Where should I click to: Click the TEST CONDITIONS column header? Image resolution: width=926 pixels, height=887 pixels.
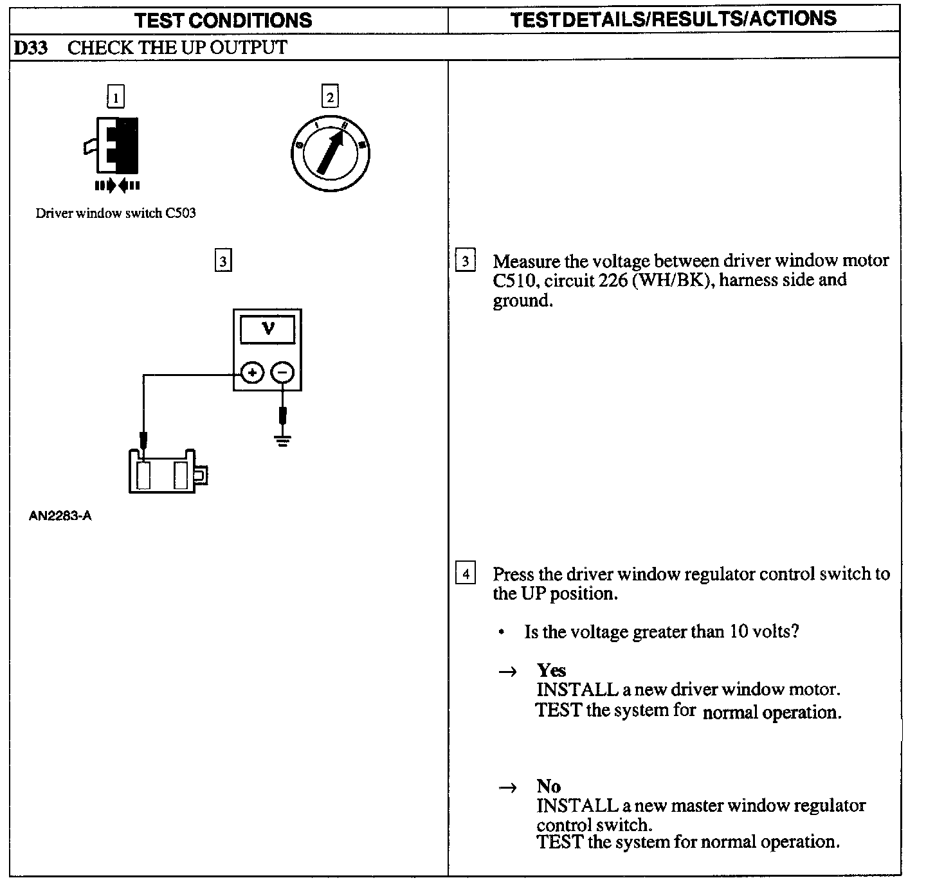[223, 20]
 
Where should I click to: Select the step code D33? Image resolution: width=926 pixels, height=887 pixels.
[31, 48]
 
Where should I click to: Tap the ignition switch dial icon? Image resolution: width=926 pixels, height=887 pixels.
[330, 153]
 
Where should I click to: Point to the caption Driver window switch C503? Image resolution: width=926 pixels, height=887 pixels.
[116, 213]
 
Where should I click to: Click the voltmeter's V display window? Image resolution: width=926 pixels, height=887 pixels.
[268, 330]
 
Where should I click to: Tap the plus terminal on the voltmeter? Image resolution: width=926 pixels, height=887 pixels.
[253, 372]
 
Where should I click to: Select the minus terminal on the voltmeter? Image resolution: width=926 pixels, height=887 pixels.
[282, 372]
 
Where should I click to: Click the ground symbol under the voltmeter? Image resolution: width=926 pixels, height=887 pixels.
[282, 440]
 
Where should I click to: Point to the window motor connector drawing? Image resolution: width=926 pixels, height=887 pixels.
[164, 473]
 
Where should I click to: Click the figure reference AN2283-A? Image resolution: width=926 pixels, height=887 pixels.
[60, 516]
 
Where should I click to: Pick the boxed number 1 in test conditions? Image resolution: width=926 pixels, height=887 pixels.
[115, 98]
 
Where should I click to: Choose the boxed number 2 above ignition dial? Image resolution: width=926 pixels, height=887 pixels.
[330, 98]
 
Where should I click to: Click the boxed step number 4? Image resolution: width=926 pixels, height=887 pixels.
[466, 573]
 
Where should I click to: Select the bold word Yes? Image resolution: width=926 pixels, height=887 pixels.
[551, 670]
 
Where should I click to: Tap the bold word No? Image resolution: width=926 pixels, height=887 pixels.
[549, 786]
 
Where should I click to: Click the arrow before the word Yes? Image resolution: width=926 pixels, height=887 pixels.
[508, 672]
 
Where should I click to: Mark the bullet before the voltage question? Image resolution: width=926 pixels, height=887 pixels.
[501, 632]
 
